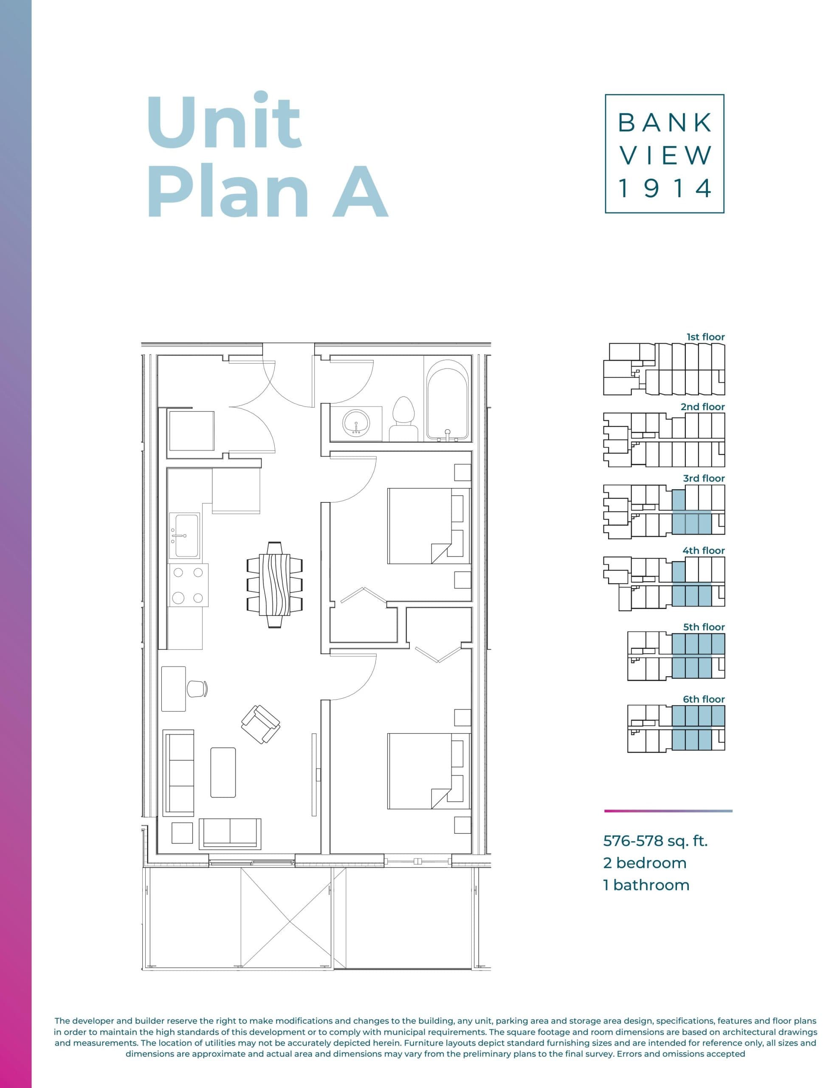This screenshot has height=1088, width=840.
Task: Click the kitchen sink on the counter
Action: [185, 536]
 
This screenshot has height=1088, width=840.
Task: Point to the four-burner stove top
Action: [188, 585]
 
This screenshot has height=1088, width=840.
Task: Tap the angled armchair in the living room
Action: [260, 724]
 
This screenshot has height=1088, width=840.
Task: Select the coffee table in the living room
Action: [223, 772]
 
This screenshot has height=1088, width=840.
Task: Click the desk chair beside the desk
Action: [197, 688]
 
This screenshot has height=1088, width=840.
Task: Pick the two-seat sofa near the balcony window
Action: [230, 833]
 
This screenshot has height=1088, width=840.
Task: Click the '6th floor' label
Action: [703, 699]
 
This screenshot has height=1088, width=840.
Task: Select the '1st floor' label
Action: [705, 337]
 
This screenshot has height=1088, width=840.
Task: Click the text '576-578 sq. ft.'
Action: [655, 841]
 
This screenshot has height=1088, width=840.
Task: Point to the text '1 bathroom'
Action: [646, 885]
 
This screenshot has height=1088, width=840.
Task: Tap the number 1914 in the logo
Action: [664, 188]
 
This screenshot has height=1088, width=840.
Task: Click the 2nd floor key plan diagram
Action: [663, 439]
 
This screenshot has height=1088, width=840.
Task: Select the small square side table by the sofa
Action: [182, 833]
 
